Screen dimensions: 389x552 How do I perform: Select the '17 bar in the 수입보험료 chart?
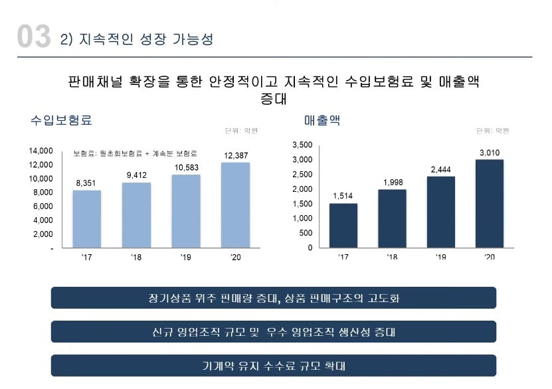[x=86, y=219]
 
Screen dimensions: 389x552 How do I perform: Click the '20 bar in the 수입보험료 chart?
[x=235, y=205]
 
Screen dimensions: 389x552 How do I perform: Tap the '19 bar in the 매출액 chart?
[x=440, y=212]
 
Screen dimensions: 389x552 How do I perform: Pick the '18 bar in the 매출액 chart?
[x=392, y=218]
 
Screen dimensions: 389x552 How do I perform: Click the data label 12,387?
[x=236, y=155]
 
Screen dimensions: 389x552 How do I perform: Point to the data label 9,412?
[x=136, y=175]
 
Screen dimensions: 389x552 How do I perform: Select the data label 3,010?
[x=490, y=153]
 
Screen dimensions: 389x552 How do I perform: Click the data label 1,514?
[x=343, y=196]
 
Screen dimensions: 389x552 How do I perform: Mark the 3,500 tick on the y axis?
[x=302, y=145]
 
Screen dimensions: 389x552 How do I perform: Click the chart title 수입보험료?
[x=61, y=120]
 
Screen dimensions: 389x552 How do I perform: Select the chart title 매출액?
[x=322, y=120]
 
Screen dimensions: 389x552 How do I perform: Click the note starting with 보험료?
[x=139, y=154]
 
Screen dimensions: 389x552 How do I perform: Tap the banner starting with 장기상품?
[x=273, y=298]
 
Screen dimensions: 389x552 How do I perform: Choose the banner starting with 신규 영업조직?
[x=273, y=332]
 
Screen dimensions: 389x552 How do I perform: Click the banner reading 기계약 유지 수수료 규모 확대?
[x=273, y=366]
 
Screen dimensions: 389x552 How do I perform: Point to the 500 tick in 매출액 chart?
[x=305, y=233]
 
